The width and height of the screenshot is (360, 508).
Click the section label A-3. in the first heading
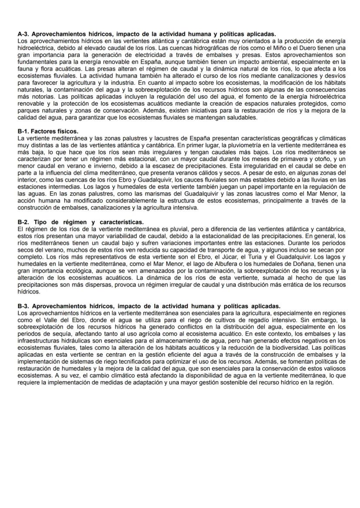pyautogui.click(x=23, y=33)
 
